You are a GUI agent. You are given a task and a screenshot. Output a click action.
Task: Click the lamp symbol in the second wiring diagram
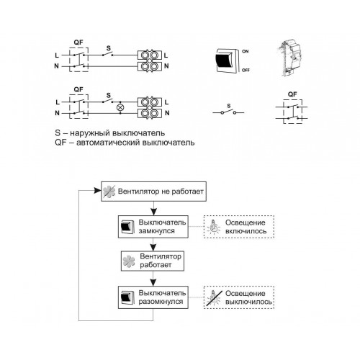(120, 107)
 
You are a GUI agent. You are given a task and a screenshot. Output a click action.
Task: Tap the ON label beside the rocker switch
(246, 51)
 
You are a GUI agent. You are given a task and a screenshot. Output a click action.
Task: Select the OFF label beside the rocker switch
(246, 70)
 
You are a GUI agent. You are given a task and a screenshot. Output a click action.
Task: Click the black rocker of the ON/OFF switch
(224, 60)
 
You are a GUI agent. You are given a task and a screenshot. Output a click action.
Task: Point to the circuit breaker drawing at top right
(289, 58)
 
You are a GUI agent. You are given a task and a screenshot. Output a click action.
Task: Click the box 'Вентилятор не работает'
(153, 192)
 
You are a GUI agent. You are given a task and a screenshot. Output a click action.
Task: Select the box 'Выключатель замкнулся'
(153, 227)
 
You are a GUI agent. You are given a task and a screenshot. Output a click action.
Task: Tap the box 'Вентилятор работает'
(153, 261)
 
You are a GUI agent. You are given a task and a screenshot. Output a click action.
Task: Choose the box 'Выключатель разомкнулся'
(153, 297)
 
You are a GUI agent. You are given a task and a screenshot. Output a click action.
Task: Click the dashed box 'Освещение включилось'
(239, 227)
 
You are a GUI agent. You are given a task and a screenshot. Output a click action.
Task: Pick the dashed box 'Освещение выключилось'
(239, 297)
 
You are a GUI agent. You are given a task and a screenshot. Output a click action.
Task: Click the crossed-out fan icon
(109, 192)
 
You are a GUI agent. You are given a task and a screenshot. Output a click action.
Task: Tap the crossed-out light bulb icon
(213, 297)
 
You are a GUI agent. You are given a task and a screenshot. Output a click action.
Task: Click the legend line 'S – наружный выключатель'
(110, 132)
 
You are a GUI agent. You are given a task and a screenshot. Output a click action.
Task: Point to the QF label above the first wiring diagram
(78, 42)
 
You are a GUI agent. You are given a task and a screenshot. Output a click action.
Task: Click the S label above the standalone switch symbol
(229, 106)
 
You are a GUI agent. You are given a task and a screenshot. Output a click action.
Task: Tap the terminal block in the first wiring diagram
(150, 60)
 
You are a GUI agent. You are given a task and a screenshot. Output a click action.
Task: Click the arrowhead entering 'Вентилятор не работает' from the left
(97, 191)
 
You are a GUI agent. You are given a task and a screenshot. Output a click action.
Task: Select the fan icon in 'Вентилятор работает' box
(129, 261)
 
